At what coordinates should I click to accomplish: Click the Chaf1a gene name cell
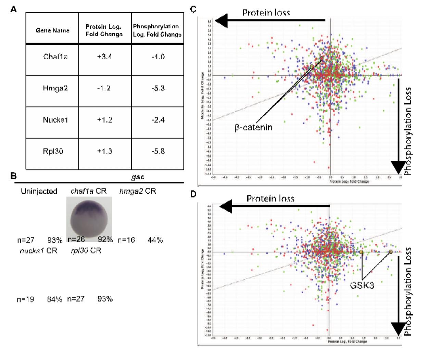pos(55,56)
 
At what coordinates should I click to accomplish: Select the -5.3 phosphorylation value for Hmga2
pos(158,88)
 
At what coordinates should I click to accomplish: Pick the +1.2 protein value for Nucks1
pos(104,120)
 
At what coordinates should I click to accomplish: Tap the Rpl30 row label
pos(53,151)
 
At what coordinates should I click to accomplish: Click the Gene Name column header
pos(52,30)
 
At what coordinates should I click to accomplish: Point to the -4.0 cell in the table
pos(158,56)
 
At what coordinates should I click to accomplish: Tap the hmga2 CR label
pos(138,191)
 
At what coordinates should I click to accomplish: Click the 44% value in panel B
pos(155,240)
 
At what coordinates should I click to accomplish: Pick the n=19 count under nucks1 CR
pos(26,299)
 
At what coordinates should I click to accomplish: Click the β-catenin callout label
pos(253,128)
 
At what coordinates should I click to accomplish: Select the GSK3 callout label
pos(362,284)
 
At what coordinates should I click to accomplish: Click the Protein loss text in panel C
pos(266,13)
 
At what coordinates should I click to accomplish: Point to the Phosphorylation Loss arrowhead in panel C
pos(399,168)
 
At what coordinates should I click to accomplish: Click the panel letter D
pos(193,194)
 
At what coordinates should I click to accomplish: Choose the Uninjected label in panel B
pos(39,191)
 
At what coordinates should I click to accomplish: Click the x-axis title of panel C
pos(349,181)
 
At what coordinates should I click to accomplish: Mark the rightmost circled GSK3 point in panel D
pos(391,252)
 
